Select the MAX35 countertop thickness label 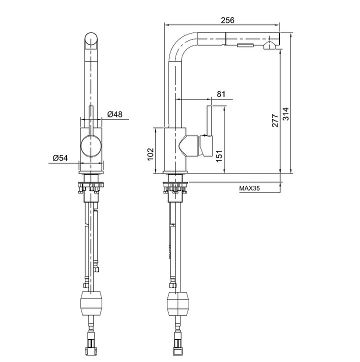250,189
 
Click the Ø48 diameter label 115,114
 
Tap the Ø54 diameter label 60,158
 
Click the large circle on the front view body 90,146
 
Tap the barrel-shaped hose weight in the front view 90,303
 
